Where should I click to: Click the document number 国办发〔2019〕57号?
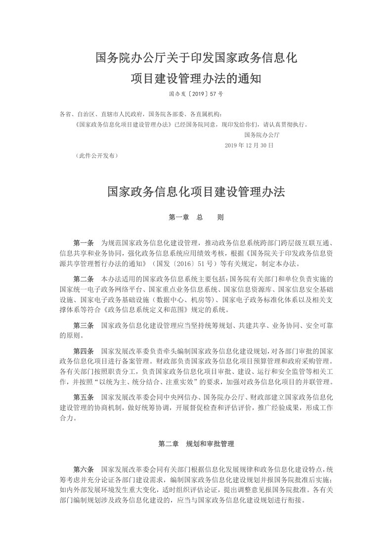[196, 93]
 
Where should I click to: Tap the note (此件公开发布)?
[97, 155]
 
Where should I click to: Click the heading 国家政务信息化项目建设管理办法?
[196, 192]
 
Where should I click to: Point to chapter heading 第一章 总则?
[196, 217]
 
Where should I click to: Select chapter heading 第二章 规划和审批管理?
[196, 444]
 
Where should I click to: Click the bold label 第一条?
[84, 243]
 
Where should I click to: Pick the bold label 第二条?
[84, 279]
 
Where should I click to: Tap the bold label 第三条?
[84, 325]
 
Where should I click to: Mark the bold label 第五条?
[84, 397]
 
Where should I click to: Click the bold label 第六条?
[84, 469]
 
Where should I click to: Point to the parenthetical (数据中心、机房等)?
[180, 300]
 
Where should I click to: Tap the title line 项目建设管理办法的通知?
[196, 79]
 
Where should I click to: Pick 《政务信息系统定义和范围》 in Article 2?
[149, 310]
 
